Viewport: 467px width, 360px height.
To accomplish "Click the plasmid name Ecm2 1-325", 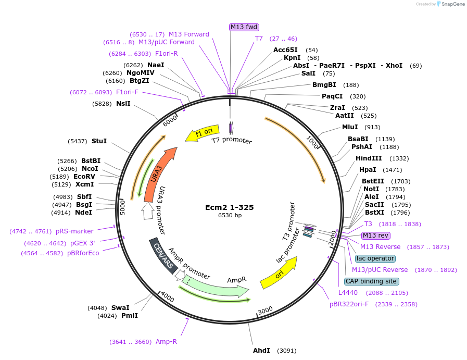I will [230, 207].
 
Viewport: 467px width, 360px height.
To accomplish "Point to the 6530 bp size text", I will [230, 215].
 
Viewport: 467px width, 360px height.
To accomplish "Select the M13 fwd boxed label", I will [244, 27].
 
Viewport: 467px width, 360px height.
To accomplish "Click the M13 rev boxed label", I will [375, 235].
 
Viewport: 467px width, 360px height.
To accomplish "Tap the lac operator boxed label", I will [375, 258].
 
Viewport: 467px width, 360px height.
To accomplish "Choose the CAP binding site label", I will [372, 281].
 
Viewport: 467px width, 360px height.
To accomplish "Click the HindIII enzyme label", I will [369, 158].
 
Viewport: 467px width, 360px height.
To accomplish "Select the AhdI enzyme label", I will [261, 350].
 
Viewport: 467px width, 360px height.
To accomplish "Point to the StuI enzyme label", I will [99, 141].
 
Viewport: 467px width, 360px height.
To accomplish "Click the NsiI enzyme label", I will [123, 104].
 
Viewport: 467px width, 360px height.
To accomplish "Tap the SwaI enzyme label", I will [120, 307].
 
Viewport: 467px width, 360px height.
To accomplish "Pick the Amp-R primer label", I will [166, 342].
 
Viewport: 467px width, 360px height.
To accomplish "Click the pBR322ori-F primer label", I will [349, 304].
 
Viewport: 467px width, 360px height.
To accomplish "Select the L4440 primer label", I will [348, 293].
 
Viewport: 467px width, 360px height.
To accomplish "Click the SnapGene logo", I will [451, 4].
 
